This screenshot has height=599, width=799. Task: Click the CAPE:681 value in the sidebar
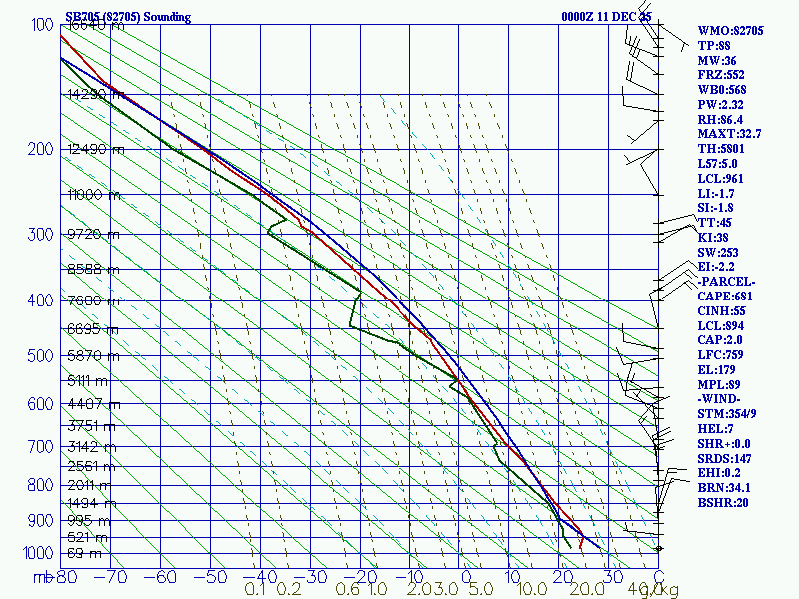[726, 297]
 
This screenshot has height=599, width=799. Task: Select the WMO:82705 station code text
[730, 31]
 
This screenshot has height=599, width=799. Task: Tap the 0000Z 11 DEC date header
[606, 17]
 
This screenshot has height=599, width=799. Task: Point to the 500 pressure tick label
[41, 356]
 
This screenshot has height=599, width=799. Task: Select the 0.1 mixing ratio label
[256, 590]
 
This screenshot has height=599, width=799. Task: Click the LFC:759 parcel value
[723, 355]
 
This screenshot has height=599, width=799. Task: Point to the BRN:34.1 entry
[725, 487]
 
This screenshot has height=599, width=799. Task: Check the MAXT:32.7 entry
[729, 134]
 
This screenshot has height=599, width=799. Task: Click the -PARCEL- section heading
[727, 282]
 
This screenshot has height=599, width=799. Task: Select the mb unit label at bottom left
[42, 576]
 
